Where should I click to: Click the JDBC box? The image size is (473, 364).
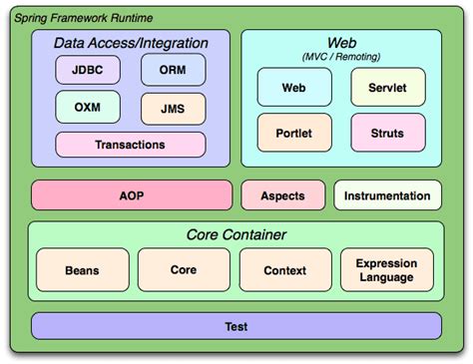click(x=88, y=70)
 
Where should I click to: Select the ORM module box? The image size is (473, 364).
click(x=173, y=70)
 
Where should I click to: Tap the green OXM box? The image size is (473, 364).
click(x=88, y=107)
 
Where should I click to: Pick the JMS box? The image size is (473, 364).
click(x=173, y=107)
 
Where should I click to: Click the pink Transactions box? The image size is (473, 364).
click(x=130, y=145)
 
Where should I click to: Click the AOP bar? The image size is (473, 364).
click(x=131, y=195)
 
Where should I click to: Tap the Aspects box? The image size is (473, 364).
click(x=282, y=195)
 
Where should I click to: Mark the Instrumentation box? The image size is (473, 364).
click(x=387, y=195)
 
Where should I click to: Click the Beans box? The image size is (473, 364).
click(x=82, y=270)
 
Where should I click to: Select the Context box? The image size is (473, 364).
click(x=284, y=270)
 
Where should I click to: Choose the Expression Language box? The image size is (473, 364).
click(x=386, y=270)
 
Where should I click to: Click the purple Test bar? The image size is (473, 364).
click(x=236, y=326)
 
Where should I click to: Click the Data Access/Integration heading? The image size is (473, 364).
click(x=131, y=43)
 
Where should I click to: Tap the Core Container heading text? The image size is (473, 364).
click(x=236, y=235)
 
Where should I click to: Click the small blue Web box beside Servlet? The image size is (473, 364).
click(x=294, y=88)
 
